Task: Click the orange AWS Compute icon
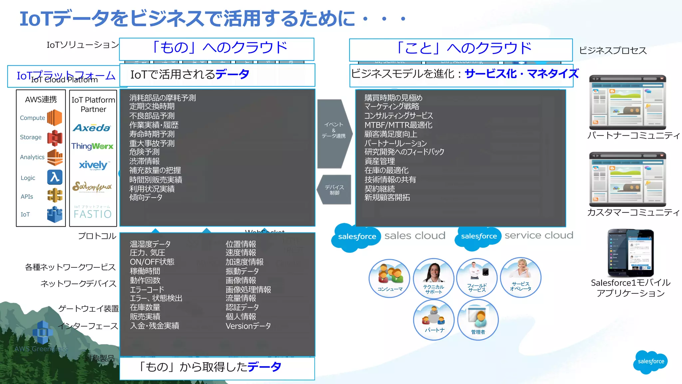coord(55,118)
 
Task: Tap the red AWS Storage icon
coord(55,137)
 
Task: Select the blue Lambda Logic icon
coord(55,177)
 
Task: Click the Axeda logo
coord(92,128)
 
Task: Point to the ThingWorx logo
coord(92,146)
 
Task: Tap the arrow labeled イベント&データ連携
coord(334,133)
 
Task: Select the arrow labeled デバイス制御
coord(334,190)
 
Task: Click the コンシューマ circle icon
coord(389,278)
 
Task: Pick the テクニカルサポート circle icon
coord(434,278)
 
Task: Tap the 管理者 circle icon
coord(478,319)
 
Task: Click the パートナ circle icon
coord(434,319)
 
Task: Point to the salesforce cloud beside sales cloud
coord(356,237)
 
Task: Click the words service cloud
coord(539,235)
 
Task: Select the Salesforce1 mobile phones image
coord(630,253)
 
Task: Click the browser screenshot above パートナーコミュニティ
coord(627,102)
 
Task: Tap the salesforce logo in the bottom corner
coord(651,362)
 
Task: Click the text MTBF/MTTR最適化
coord(398,125)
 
